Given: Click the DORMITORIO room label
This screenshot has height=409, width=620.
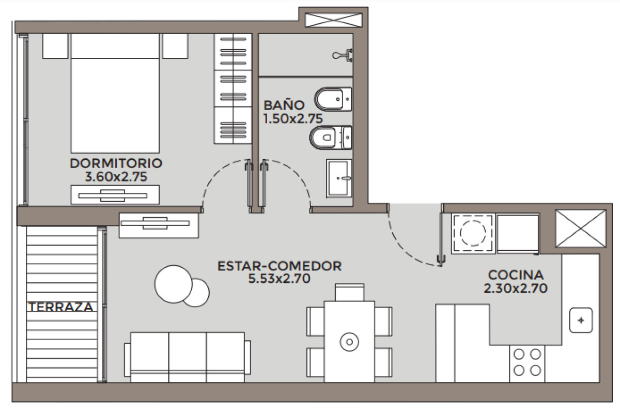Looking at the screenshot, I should [x=116, y=163].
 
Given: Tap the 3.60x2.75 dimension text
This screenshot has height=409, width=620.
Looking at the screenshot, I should [x=116, y=177].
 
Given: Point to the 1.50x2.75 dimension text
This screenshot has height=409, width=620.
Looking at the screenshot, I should [x=293, y=118].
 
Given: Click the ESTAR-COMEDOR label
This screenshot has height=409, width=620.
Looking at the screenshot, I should [x=280, y=266].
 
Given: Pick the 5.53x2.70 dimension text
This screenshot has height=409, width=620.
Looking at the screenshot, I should [x=280, y=280].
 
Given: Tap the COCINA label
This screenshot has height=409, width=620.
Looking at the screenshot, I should [x=516, y=275].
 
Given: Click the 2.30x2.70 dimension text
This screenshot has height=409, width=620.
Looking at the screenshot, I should [x=516, y=288].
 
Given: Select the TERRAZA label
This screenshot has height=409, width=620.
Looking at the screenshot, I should [x=61, y=307].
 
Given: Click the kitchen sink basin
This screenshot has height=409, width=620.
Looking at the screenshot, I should [x=581, y=321].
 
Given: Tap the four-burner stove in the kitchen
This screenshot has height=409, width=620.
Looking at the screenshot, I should [x=527, y=362].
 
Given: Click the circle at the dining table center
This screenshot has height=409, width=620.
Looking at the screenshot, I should [x=349, y=342].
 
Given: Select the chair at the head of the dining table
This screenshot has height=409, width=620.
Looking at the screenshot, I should [x=349, y=292].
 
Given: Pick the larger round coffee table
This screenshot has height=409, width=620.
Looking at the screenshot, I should [x=173, y=284].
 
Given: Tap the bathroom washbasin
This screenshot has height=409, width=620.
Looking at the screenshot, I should [x=339, y=178].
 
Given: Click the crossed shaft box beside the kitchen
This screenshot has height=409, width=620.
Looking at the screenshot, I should [x=580, y=228].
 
